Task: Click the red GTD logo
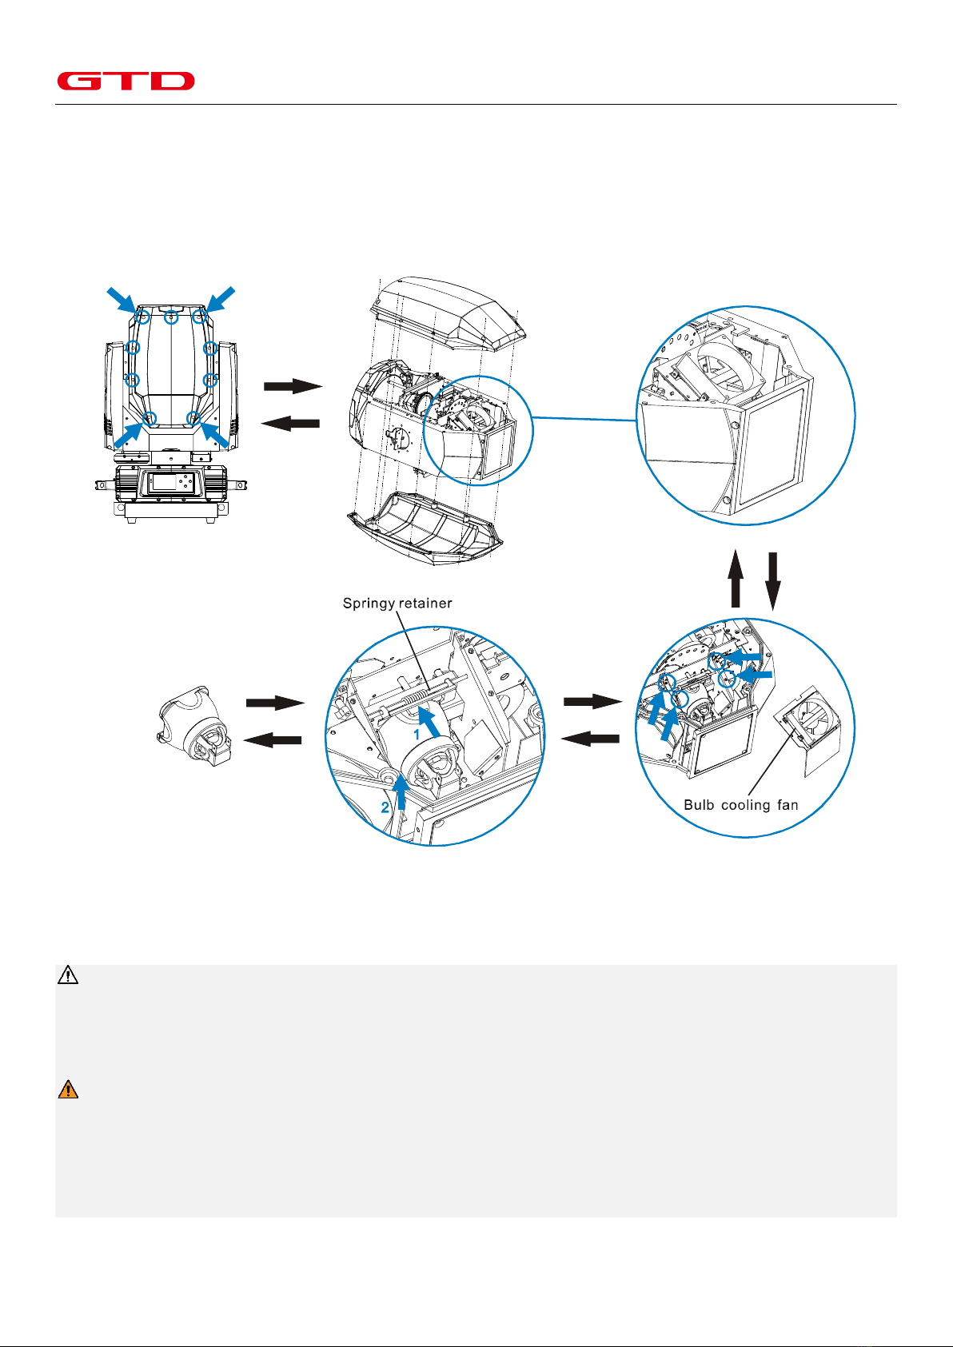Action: tap(126, 81)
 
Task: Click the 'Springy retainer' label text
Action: tap(397, 603)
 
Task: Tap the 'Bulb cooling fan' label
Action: tap(741, 805)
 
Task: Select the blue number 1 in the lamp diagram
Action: tap(416, 734)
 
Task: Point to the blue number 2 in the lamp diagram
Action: tap(385, 807)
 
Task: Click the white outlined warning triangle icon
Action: tap(68, 974)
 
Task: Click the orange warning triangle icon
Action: tap(68, 1089)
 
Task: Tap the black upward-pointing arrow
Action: tap(736, 578)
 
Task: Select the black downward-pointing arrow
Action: tap(773, 581)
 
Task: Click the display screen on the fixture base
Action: tap(164, 481)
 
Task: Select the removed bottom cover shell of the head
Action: tap(425, 528)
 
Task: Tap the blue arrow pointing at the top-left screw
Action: tap(122, 300)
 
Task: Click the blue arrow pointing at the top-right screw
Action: tap(220, 300)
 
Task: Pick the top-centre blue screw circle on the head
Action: tap(171, 317)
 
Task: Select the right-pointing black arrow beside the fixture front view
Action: tap(293, 386)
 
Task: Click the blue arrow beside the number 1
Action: tap(429, 722)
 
